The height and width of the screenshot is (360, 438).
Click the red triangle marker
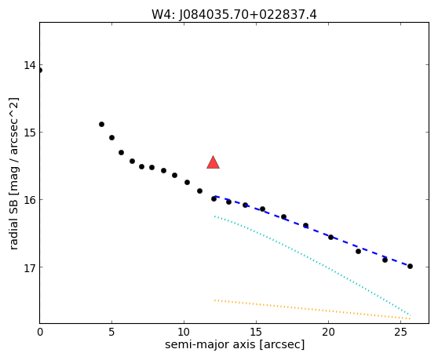point(213,162)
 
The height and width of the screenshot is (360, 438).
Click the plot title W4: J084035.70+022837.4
point(234,15)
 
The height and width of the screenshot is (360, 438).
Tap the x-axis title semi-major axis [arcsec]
point(235,344)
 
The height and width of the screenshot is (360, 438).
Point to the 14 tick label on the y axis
point(30,65)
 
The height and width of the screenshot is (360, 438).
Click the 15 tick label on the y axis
point(30,133)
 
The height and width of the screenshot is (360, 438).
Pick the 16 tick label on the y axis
point(30,200)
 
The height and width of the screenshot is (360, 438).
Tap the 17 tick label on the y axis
point(30,267)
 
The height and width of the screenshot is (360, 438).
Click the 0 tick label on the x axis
point(40,332)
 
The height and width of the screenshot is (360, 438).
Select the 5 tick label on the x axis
point(111,332)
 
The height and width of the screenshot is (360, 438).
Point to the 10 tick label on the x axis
point(184,332)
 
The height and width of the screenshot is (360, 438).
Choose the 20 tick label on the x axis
point(328,332)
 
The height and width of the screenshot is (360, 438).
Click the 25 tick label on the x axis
point(401,332)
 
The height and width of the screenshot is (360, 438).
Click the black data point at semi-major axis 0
point(40,70)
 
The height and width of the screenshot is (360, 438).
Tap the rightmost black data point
point(410,266)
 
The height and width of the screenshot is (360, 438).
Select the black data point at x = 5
point(111,137)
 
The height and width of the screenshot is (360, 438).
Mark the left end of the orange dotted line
point(214,300)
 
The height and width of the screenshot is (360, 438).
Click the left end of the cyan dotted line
point(214,216)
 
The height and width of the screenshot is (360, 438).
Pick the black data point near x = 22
point(359,251)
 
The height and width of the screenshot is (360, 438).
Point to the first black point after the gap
point(102,124)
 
